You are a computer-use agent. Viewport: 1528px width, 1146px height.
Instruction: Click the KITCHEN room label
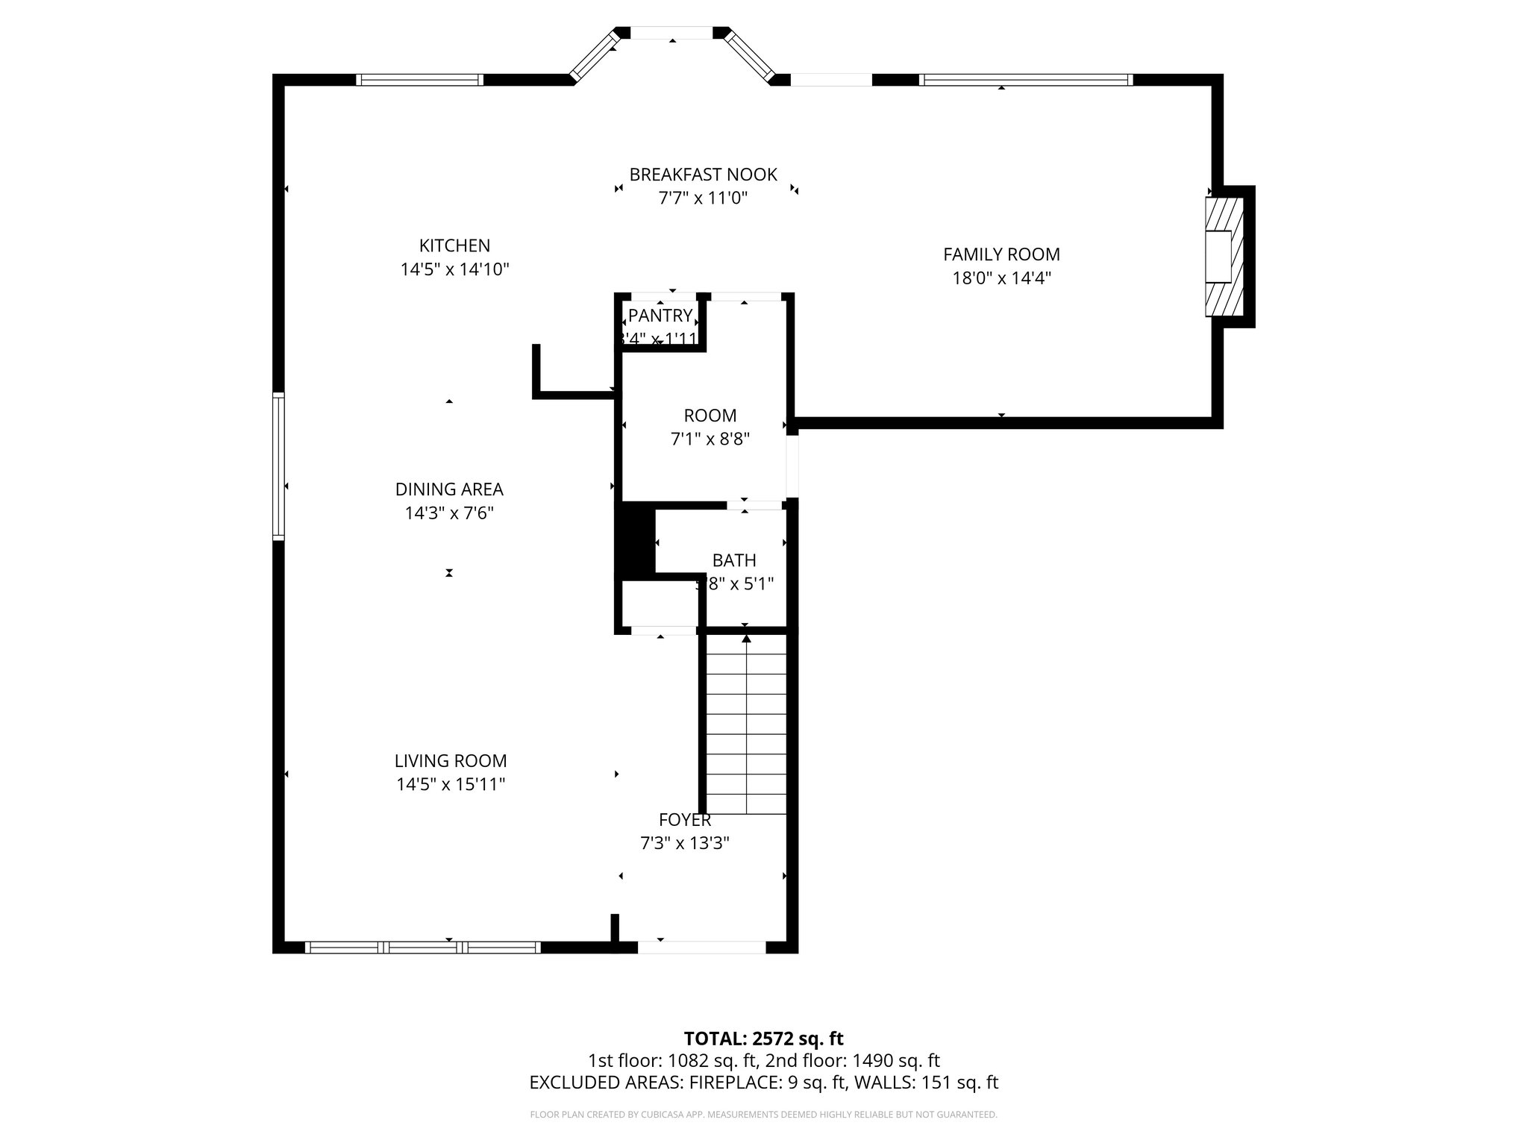pyautogui.click(x=454, y=245)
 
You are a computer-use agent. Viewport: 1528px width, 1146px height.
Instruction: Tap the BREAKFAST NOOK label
pyautogui.click(x=703, y=175)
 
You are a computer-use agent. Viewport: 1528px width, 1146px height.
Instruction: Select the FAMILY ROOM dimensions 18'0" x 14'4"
pyautogui.click(x=1001, y=278)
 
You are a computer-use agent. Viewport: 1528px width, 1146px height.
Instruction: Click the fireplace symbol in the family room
pyautogui.click(x=1224, y=257)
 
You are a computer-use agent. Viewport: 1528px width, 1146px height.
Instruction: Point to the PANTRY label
pyautogui.click(x=660, y=315)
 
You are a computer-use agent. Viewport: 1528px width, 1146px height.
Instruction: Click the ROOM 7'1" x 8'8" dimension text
pyautogui.click(x=710, y=439)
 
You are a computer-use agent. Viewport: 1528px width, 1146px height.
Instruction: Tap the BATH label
pyautogui.click(x=734, y=560)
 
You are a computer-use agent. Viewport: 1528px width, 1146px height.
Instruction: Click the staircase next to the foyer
pyautogui.click(x=746, y=724)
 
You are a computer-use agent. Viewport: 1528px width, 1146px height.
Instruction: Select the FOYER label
pyautogui.click(x=685, y=820)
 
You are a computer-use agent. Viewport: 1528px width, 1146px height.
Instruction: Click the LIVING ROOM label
pyautogui.click(x=451, y=761)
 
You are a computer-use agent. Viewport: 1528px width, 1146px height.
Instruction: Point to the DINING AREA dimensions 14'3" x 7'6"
pyautogui.click(x=449, y=513)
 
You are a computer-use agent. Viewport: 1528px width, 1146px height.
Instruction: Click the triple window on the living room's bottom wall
pyautogui.click(x=423, y=948)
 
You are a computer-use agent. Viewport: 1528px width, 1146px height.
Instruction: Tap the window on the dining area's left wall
pyautogui.click(x=278, y=466)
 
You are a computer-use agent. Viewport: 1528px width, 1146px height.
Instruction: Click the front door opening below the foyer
pyautogui.click(x=701, y=948)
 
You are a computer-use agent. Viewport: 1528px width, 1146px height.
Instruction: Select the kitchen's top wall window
pyautogui.click(x=419, y=80)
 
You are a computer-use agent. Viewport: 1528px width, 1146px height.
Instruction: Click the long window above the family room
pyautogui.click(x=1026, y=80)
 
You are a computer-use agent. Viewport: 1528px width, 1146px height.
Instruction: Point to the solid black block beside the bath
pyautogui.click(x=635, y=540)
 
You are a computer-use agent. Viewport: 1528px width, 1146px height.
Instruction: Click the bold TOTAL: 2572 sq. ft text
pyautogui.click(x=763, y=1039)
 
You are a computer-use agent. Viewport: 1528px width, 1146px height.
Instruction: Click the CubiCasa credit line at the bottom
pyautogui.click(x=763, y=1115)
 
